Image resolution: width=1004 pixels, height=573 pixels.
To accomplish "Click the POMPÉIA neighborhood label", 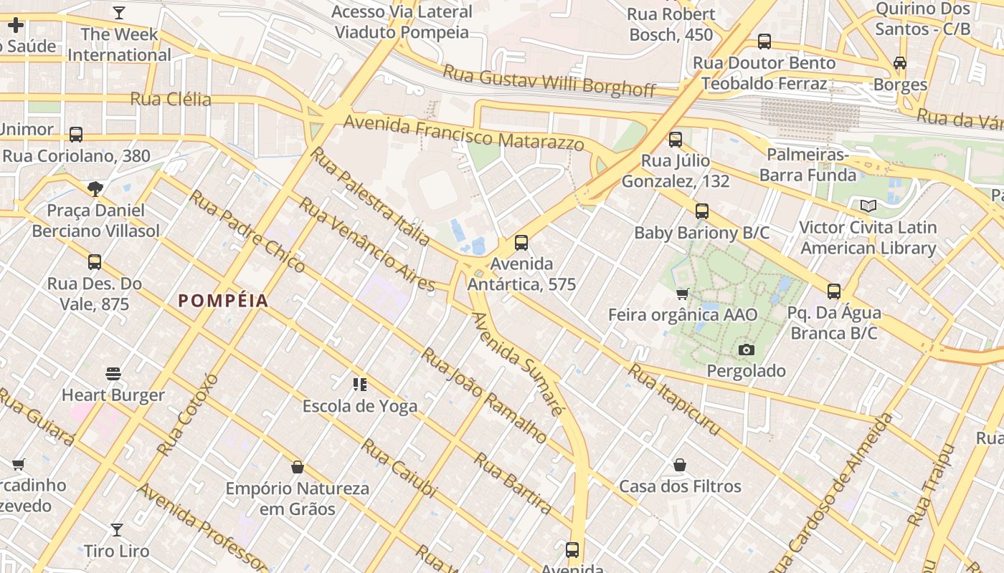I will click(x=223, y=301).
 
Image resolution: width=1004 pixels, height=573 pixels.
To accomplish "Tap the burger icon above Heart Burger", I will click(x=113, y=373).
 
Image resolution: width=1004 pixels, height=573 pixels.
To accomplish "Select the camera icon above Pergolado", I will click(x=747, y=350).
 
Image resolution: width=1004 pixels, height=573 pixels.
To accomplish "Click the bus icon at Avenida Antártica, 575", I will click(x=521, y=243).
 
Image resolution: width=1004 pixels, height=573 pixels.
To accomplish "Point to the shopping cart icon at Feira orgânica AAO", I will click(x=682, y=294).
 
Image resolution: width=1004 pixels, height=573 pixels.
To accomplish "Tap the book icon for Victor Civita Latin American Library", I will click(x=868, y=206).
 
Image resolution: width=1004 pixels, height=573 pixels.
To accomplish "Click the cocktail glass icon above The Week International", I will click(x=119, y=13).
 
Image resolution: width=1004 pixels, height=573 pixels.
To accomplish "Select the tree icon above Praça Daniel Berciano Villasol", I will click(x=95, y=189).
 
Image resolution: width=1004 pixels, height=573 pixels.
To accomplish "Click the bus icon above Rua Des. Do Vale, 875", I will click(x=95, y=262).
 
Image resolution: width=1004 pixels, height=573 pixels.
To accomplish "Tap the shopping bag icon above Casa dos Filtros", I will click(x=680, y=466).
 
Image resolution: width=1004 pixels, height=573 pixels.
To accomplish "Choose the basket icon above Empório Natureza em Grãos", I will click(x=298, y=468).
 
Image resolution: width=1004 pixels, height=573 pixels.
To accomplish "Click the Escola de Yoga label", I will click(x=360, y=406).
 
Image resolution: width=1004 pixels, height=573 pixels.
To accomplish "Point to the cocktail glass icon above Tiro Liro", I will click(x=116, y=530).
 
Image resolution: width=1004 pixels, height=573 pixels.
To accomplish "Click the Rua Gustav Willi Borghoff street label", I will click(x=549, y=80).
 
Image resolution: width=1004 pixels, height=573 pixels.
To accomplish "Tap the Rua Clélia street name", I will click(x=171, y=99).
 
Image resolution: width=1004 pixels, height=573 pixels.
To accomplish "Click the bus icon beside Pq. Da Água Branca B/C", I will click(x=833, y=292).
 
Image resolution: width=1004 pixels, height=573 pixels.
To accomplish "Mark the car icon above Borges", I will click(x=900, y=63).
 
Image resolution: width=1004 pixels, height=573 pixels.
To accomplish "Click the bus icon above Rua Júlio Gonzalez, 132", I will click(x=676, y=140).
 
